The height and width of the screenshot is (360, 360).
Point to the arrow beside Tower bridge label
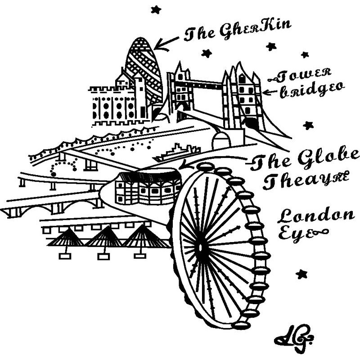click(x=270, y=92)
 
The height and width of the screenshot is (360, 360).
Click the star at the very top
click(x=156, y=9)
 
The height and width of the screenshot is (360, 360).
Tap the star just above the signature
click(x=301, y=274)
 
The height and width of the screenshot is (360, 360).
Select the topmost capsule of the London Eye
click(x=205, y=167)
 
